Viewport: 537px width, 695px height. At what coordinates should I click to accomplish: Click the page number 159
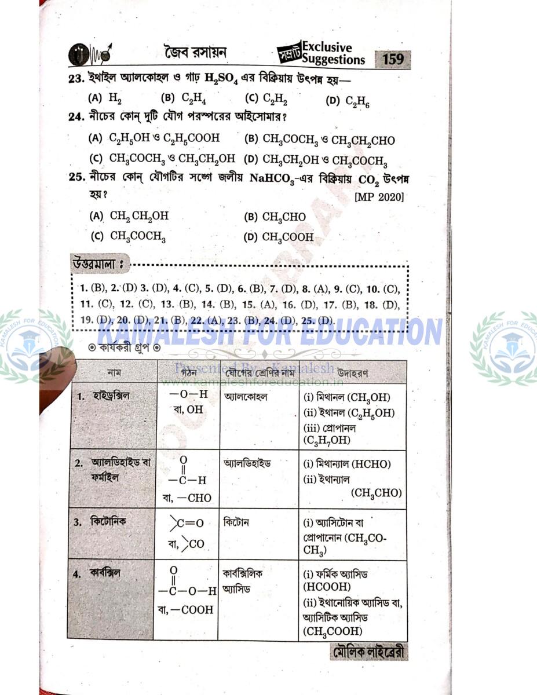394,60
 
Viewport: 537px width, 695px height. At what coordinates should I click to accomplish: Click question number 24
75,116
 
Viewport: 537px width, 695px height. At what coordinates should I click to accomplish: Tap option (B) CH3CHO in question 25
275,217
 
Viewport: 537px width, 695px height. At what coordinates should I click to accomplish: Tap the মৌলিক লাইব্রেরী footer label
368,653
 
